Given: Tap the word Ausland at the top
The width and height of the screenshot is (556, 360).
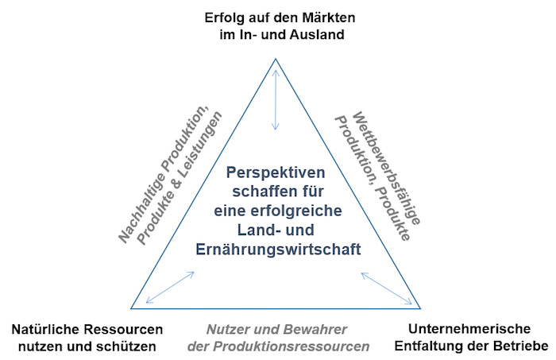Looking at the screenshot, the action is (317, 35).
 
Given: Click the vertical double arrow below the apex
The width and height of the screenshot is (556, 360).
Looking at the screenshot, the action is (276, 100).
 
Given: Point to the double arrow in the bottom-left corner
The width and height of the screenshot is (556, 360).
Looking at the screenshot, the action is (170, 288).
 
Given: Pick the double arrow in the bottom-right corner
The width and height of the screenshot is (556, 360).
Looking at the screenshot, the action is (387, 288).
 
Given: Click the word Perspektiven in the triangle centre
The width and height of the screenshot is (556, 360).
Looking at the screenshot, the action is (276, 172).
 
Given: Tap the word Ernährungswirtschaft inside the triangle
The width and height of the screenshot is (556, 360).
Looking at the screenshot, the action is (278, 249).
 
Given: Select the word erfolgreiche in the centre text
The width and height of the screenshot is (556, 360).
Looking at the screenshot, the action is (296, 211).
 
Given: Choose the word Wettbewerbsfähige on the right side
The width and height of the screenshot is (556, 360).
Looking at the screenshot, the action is (386, 168).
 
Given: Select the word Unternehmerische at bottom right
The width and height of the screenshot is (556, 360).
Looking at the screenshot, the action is (469, 329).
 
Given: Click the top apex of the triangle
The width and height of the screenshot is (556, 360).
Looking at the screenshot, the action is (276, 59).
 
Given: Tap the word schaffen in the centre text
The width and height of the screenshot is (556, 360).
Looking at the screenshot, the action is (258, 192).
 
